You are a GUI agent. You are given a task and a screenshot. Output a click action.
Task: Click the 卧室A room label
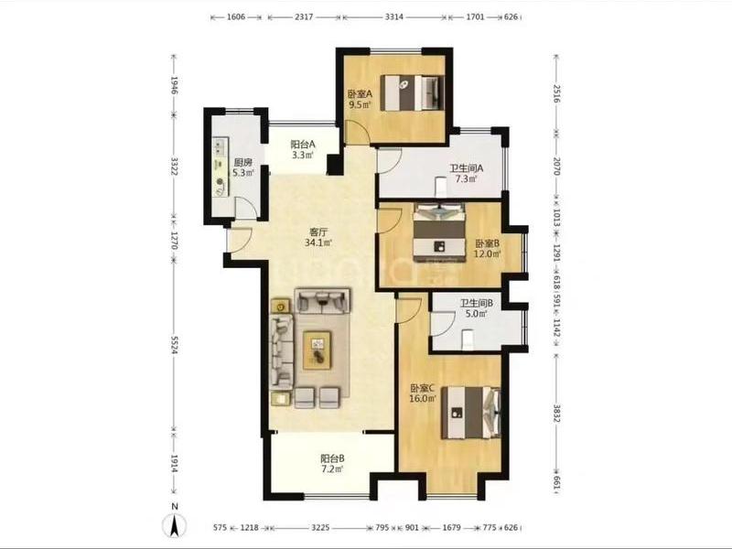360,94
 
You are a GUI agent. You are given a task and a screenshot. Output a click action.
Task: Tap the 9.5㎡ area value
360,104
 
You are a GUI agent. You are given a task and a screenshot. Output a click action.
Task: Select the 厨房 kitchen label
243,163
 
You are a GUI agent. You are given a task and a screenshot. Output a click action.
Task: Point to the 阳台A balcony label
303,145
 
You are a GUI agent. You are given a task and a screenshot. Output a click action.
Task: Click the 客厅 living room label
318,232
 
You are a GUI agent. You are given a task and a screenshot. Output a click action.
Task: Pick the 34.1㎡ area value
318,242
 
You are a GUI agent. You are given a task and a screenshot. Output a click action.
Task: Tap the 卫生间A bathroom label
466,168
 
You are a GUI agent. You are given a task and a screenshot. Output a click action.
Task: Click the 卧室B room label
488,243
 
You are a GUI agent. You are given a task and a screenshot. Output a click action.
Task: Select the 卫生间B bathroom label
476,304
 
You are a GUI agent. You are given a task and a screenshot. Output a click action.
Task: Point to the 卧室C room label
423,388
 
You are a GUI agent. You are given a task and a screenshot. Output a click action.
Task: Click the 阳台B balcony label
332,458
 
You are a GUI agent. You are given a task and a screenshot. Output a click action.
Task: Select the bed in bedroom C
471,413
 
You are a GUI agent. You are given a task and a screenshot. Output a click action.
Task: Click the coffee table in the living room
318,350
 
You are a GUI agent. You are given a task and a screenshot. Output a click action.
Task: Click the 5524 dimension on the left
174,345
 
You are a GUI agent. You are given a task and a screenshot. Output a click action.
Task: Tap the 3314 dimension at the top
394,16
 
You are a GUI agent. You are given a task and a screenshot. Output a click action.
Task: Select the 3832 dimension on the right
556,413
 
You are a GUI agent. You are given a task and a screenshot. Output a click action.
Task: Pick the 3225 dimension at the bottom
320,528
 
